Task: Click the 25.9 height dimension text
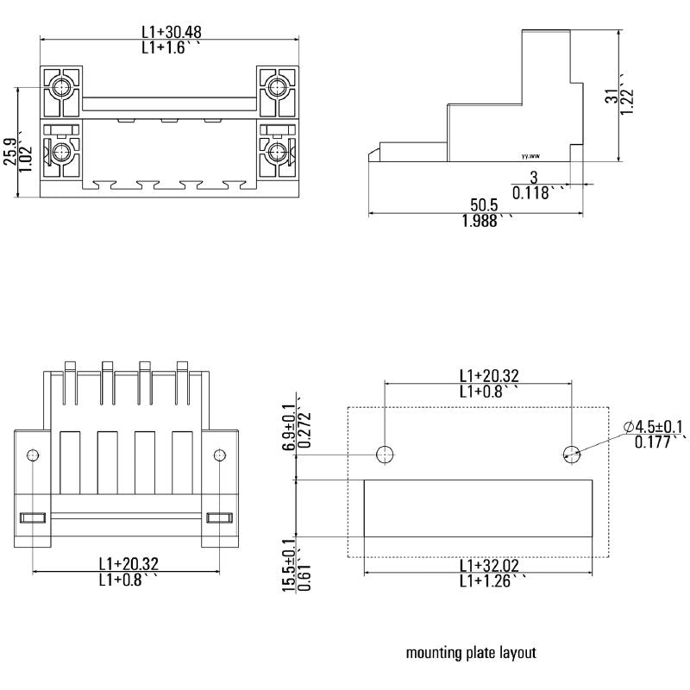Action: click(x=9, y=151)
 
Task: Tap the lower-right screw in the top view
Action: click(x=278, y=153)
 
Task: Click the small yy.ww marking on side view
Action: click(x=530, y=157)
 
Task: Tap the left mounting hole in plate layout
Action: click(x=385, y=454)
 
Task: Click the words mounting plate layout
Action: click(x=471, y=653)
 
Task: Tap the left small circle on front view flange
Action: click(x=32, y=455)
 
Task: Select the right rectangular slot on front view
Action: click(x=219, y=517)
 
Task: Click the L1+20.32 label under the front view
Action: click(x=129, y=563)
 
